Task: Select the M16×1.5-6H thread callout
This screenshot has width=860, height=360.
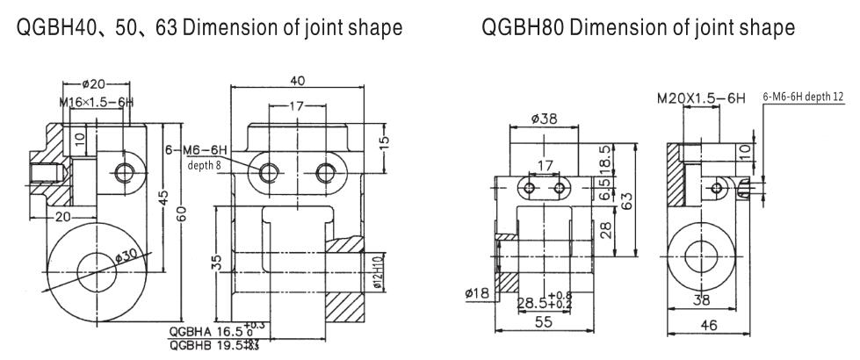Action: (x=96, y=103)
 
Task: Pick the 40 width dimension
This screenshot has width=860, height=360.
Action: (x=298, y=81)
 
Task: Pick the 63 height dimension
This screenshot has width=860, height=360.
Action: (x=625, y=201)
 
